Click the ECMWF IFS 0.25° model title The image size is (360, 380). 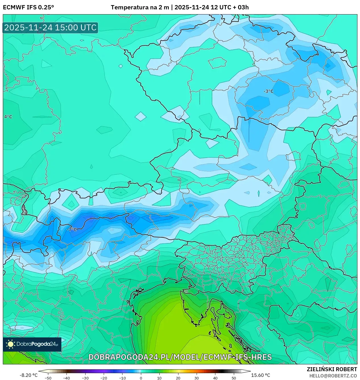[28, 7]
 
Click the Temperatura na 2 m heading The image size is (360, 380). [140, 7]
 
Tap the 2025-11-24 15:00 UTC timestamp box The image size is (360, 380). [50, 28]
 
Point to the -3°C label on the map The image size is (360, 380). [269, 91]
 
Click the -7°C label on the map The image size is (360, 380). [72, 229]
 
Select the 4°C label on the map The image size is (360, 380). [8, 117]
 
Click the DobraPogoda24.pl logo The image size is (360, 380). [32, 344]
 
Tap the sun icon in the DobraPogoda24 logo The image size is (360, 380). [11, 344]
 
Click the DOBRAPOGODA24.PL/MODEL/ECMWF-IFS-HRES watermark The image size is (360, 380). [180, 357]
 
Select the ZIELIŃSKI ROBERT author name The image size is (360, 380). [332, 369]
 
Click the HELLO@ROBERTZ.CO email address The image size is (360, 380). [333, 376]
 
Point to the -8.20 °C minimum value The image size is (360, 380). [28, 375]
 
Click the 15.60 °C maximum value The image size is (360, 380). [261, 375]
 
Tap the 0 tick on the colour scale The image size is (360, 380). [141, 378]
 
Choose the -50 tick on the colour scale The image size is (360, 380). [48, 378]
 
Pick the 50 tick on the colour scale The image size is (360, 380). [234, 378]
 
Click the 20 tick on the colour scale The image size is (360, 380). [178, 378]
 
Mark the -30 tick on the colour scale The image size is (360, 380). [85, 378]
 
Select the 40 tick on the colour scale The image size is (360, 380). [215, 378]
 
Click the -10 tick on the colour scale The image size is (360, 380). [122, 378]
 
